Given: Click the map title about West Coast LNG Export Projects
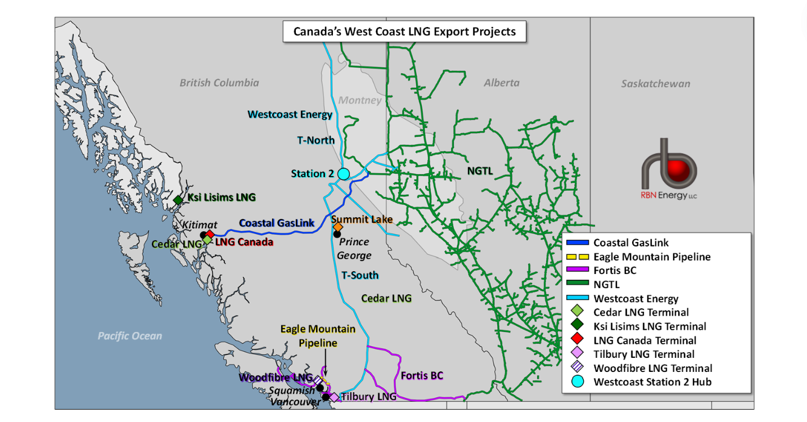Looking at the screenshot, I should coord(404,32).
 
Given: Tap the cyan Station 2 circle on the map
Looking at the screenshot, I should coord(344,174).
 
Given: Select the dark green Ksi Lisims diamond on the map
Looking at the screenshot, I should coord(178,200).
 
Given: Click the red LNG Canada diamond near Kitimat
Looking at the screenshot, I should coord(210,235).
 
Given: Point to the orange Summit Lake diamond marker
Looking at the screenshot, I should coord(338,227).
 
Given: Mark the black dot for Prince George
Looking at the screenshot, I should coord(337,234).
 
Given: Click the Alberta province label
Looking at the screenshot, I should coord(502,83).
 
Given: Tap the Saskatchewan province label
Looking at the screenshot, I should coord(656,84).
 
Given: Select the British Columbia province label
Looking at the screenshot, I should coord(219,83).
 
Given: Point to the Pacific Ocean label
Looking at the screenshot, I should coord(130,336).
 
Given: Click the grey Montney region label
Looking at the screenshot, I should coord(360,100).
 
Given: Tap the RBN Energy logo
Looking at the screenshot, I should coord(669,169).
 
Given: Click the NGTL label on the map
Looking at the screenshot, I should coord(480,170).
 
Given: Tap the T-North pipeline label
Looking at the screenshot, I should coord(315,140).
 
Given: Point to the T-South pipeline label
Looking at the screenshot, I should coord(360,275).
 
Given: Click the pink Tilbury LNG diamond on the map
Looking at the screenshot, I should coord(334,397).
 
